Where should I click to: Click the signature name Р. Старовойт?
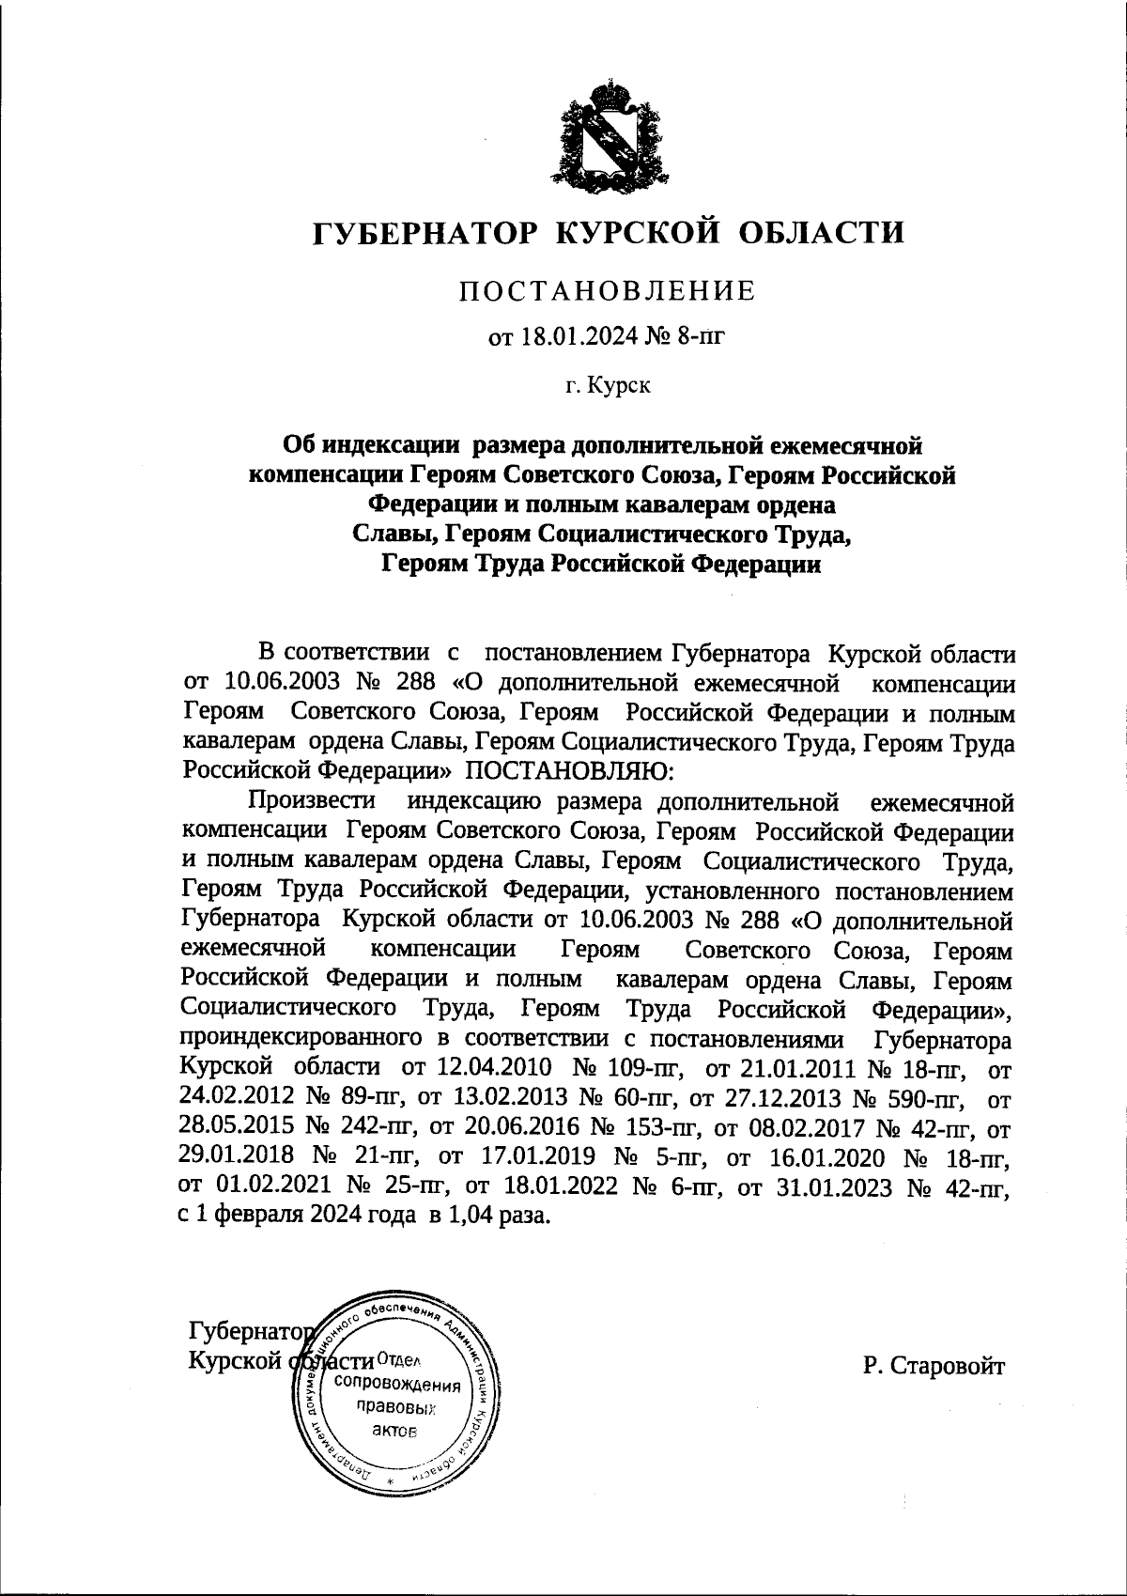click(934, 1366)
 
